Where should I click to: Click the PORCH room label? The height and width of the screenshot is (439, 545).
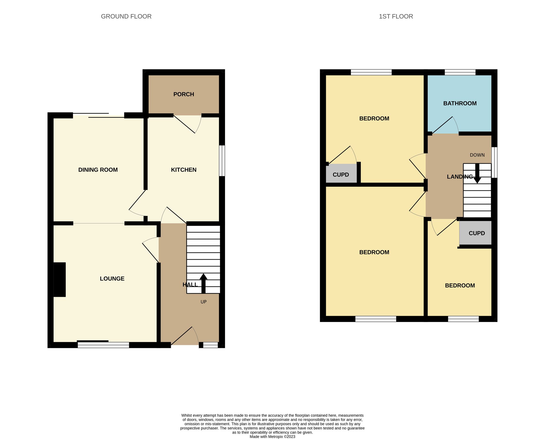coord(184,94)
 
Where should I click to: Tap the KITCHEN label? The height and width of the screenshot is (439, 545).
coord(184,170)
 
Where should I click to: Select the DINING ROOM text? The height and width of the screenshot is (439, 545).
coord(98,170)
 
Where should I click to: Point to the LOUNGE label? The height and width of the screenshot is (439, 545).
coord(112,279)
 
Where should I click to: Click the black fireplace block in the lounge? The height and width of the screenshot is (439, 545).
coord(60,279)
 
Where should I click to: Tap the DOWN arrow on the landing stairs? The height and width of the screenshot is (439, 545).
coord(477,173)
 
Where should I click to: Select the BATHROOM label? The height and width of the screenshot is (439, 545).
coord(460,103)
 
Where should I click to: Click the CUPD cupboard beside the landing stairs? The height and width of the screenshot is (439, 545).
coord(476,233)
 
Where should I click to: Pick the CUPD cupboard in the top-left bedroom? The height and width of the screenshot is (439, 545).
coord(341,174)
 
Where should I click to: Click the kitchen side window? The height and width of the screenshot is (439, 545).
coord(222,160)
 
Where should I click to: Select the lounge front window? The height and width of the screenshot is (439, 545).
coord(103,345)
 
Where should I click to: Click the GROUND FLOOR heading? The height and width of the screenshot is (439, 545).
coord(126,16)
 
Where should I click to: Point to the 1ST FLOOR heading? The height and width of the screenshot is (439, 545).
coord(396,16)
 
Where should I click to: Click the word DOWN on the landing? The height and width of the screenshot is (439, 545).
coord(477,155)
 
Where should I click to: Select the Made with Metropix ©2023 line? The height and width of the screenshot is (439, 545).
coord(272,437)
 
